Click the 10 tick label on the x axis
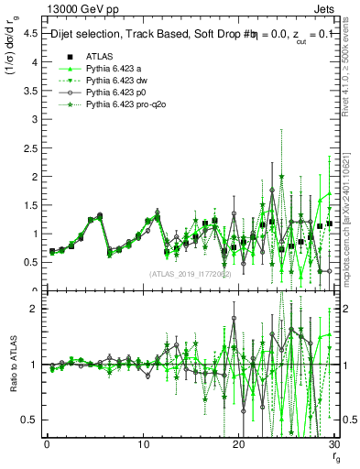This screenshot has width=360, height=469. point(143,445)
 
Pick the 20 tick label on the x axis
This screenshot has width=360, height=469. point(239,445)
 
